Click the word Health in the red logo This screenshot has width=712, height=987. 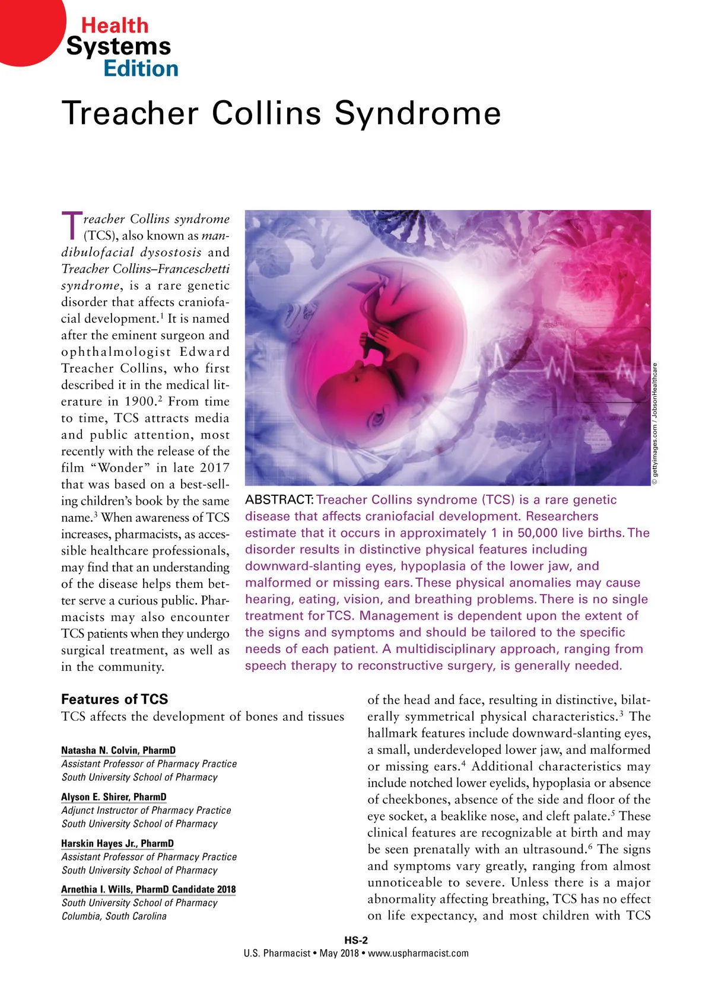[x=115, y=26]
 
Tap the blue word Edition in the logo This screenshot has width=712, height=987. [x=141, y=69]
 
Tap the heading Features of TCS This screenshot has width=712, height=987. [x=115, y=699]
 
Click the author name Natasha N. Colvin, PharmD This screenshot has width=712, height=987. [x=119, y=750]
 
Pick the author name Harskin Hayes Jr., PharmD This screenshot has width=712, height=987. [x=117, y=843]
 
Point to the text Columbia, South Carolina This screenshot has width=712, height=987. [x=114, y=916]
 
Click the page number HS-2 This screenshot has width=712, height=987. [x=356, y=940]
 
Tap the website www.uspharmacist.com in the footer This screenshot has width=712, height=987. [x=418, y=954]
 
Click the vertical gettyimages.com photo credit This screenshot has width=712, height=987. [x=655, y=424]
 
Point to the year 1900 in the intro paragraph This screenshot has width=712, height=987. [x=141, y=402]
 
